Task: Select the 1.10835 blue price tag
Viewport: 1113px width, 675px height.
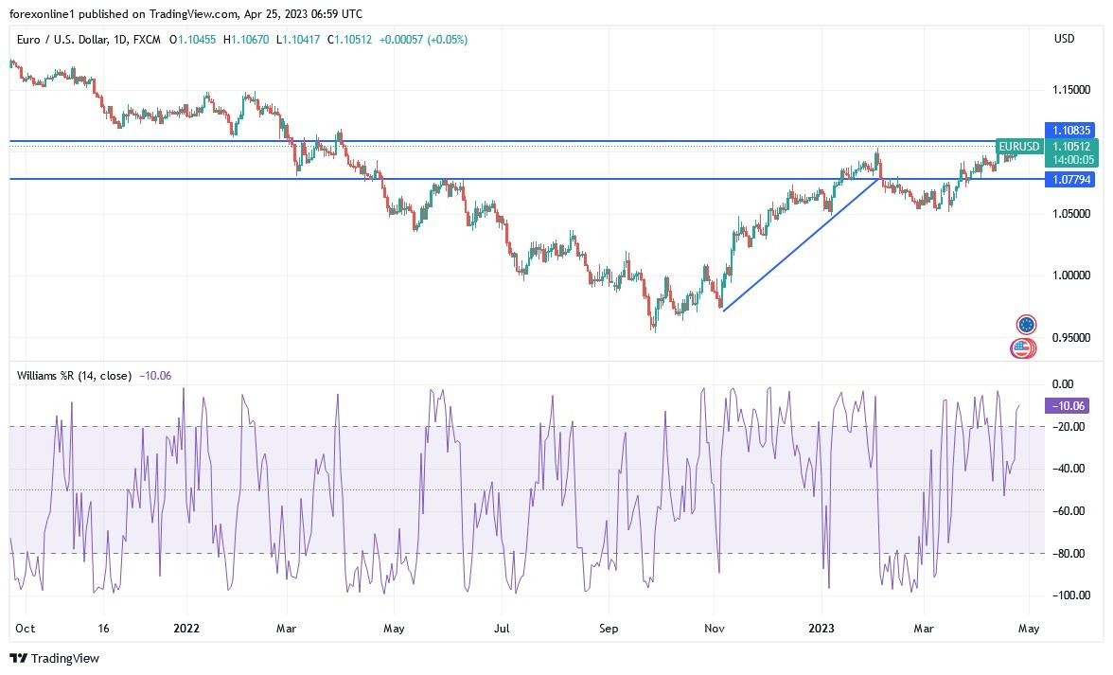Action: point(1069,130)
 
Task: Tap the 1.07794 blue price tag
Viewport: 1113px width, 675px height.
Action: point(1069,179)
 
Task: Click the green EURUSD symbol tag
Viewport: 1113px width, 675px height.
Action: point(1019,147)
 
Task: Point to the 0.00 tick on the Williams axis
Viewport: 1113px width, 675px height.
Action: point(1064,384)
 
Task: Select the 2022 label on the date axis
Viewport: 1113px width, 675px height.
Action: point(186,628)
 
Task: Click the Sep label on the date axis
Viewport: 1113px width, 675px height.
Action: point(609,628)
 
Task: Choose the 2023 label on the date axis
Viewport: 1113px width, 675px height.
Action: point(821,628)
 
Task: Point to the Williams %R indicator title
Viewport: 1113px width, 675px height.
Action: point(74,375)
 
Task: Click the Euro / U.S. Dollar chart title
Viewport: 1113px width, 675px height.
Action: point(65,40)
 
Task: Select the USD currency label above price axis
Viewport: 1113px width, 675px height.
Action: point(1064,39)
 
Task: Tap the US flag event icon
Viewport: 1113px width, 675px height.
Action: point(1021,348)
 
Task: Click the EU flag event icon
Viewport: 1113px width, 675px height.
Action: point(1026,325)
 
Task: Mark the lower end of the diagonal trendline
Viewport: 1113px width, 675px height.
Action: point(722,310)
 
